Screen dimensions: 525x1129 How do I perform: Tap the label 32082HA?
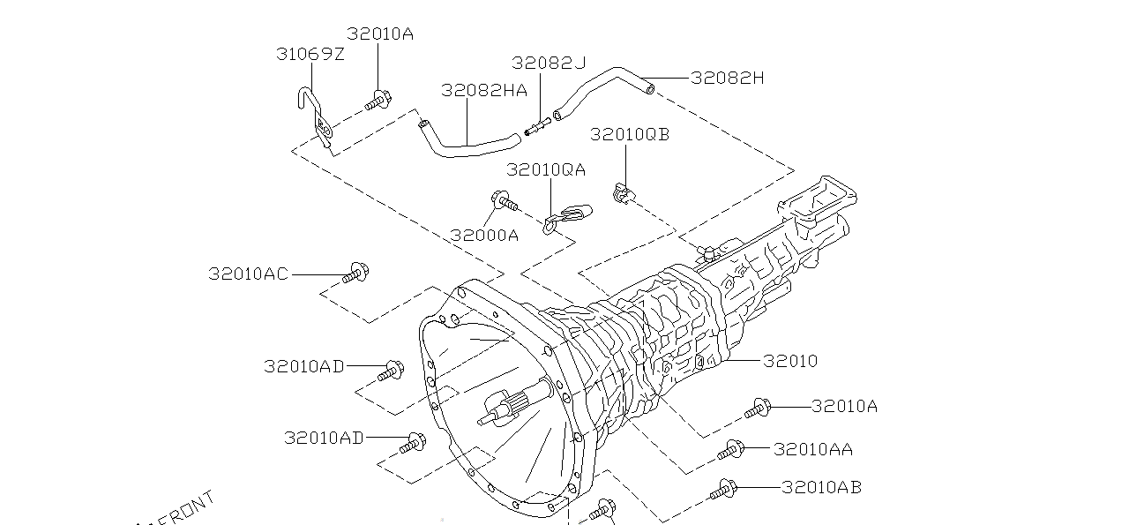[483, 90]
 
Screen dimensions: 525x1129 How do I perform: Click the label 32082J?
[548, 63]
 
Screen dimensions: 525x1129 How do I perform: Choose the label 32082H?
[727, 78]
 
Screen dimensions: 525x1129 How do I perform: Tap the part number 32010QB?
[630, 134]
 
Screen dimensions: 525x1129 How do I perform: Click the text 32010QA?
[546, 169]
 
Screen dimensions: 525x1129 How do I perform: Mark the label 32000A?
[484, 236]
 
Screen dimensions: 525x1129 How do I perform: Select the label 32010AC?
[248, 274]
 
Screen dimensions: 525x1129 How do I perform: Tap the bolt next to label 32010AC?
[356, 273]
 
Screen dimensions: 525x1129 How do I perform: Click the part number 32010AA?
[812, 449]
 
